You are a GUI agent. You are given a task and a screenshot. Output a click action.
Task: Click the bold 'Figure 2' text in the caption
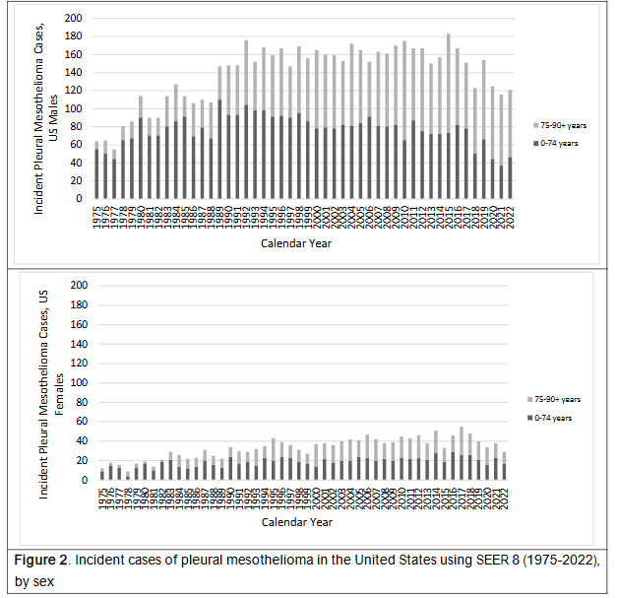(46, 560)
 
